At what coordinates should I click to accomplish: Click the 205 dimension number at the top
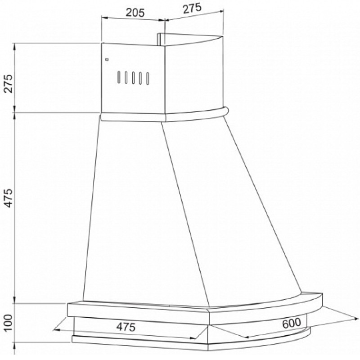tap(135, 13)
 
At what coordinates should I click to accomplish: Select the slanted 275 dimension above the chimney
tap(192, 8)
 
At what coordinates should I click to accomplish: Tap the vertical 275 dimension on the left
tap(9, 83)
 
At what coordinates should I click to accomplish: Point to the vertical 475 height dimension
tap(9, 198)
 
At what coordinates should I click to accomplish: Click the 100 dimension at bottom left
tap(8, 323)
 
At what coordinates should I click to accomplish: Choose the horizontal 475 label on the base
tap(126, 327)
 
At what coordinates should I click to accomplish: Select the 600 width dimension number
tap(291, 323)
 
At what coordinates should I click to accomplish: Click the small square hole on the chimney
tap(107, 60)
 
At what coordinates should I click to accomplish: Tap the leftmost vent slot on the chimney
tap(119, 77)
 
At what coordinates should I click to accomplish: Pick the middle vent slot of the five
tap(133, 78)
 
